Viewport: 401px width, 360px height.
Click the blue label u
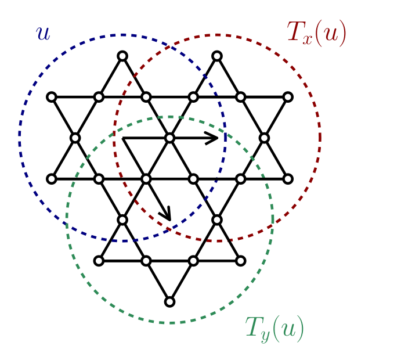tap(43, 34)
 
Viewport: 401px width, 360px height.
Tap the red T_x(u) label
tap(317, 34)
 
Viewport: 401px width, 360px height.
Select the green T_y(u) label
tap(274, 329)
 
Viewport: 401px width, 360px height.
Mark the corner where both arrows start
tap(122, 138)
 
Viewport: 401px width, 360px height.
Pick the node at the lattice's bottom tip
tap(169, 301)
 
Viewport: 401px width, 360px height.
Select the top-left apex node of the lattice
tap(122, 56)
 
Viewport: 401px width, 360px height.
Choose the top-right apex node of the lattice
tap(217, 56)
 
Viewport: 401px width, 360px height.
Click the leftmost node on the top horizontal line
tap(52, 97)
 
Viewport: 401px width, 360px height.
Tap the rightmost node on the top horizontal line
tap(288, 97)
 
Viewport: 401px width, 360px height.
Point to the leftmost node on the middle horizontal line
tap(52, 179)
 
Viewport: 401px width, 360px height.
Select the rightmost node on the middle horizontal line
tap(288, 179)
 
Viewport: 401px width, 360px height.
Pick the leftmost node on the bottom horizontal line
tap(99, 261)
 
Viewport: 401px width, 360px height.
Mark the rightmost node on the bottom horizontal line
tap(241, 261)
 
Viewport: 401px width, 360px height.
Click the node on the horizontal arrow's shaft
tap(169, 138)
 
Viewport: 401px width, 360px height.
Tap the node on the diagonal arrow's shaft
tap(146, 179)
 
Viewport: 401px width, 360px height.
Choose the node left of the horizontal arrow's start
tap(75, 138)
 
